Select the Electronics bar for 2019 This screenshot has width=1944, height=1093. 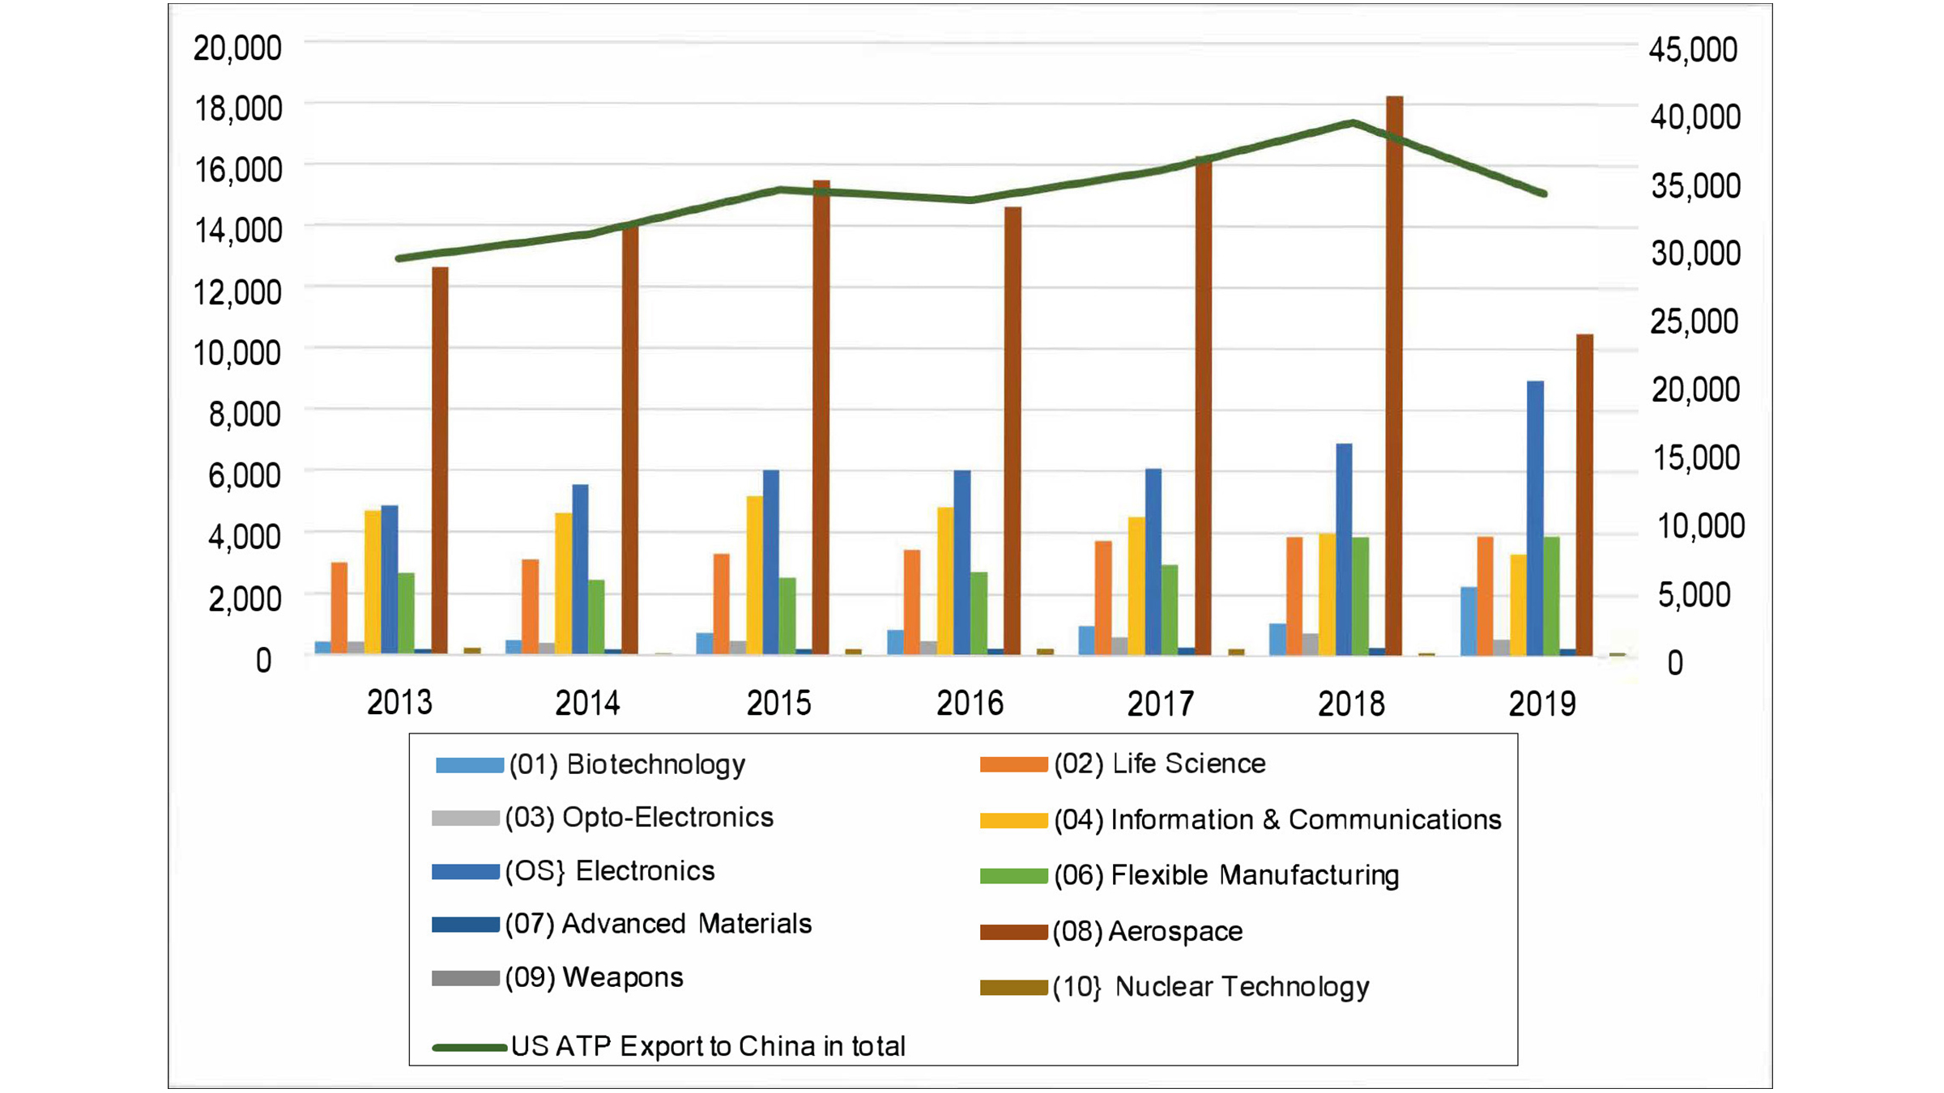(x=1535, y=518)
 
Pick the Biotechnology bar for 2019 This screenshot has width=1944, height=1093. (x=1469, y=620)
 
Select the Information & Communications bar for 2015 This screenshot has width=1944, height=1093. (x=754, y=575)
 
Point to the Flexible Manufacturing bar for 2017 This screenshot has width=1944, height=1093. (x=1170, y=609)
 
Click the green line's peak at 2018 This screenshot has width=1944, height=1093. (x=1352, y=123)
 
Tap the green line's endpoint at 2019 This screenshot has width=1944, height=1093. (x=1544, y=194)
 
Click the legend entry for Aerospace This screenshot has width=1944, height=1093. (x=1174, y=931)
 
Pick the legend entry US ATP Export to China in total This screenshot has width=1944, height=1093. (x=707, y=1046)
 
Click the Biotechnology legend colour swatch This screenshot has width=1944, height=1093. (x=469, y=765)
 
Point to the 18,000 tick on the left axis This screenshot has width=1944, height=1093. (x=238, y=108)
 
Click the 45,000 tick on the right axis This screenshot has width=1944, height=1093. (x=1693, y=49)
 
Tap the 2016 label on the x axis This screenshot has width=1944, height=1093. (x=970, y=703)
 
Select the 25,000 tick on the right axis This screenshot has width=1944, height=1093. (x=1693, y=321)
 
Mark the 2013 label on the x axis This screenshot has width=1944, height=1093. (x=399, y=703)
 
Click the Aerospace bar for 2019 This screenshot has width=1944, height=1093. (x=1584, y=494)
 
